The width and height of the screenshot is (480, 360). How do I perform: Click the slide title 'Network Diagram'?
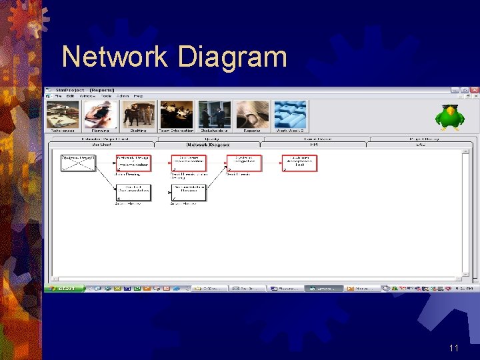click(x=175, y=57)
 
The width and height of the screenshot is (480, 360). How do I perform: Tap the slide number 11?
click(x=454, y=348)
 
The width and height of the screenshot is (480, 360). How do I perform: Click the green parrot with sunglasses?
click(x=446, y=117)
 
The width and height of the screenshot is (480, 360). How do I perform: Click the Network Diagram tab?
click(x=208, y=144)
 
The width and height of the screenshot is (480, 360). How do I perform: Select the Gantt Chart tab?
click(x=101, y=144)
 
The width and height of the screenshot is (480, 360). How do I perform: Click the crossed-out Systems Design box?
click(x=79, y=163)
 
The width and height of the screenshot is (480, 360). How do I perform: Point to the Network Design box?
click(x=133, y=163)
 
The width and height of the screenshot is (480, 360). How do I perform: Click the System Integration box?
click(x=244, y=163)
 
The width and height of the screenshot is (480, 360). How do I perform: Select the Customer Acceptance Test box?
click(x=299, y=163)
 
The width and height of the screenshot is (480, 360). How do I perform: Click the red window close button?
click(x=474, y=90)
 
